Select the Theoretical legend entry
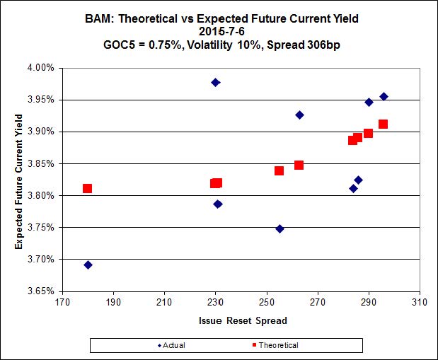[x=276, y=345]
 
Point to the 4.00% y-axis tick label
[x=41, y=68]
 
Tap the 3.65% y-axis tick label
[x=41, y=291]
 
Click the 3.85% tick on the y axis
[x=41, y=163]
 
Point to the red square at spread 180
[x=87, y=188]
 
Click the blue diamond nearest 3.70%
[x=88, y=265]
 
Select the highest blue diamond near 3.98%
[x=215, y=82]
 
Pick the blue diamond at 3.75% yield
[x=279, y=228]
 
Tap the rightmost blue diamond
[x=384, y=96]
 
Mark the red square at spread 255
[x=279, y=170]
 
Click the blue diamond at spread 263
[x=299, y=115]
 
